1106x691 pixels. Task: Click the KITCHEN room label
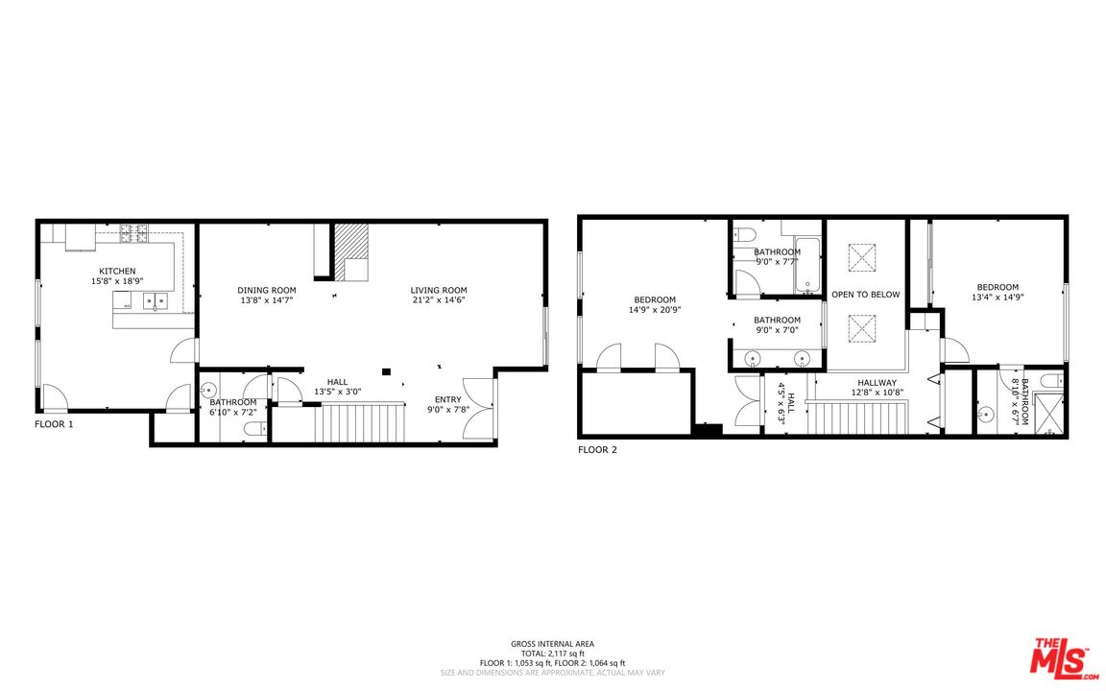(x=117, y=271)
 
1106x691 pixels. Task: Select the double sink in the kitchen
(x=156, y=301)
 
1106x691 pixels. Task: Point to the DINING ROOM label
(x=267, y=290)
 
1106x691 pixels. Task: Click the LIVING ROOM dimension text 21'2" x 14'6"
(x=439, y=299)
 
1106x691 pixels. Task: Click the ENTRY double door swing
(x=478, y=410)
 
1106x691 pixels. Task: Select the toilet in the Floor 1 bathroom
(x=255, y=428)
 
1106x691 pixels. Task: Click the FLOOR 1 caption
(x=54, y=424)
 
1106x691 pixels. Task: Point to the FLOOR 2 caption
(x=597, y=450)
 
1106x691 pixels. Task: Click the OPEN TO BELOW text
(x=865, y=294)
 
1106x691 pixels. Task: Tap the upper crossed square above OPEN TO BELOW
(x=861, y=257)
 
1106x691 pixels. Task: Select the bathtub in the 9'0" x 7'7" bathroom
(x=808, y=265)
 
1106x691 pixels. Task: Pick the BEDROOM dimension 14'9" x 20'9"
(x=655, y=310)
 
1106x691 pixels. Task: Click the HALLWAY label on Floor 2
(x=877, y=383)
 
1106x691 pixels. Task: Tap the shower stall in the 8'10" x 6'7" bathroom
(x=1047, y=413)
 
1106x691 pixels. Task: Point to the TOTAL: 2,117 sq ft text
(x=552, y=654)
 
